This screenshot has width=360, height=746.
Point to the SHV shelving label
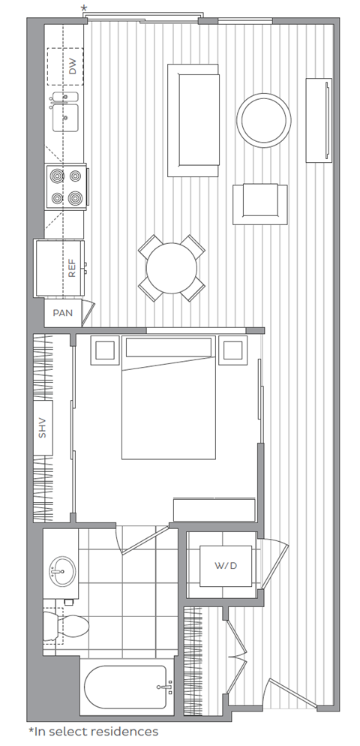point(43,428)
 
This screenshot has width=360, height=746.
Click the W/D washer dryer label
point(226,564)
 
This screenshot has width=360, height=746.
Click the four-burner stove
point(65,187)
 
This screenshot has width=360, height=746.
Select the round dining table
point(172,269)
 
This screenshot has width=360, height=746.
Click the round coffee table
point(264,119)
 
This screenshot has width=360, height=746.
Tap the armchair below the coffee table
point(259,203)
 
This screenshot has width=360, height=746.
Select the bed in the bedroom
point(169,405)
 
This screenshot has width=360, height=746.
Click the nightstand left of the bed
point(104,350)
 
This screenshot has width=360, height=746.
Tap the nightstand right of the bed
point(234,350)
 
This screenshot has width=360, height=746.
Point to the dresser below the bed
point(214,509)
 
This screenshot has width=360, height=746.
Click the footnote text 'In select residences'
point(93,730)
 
